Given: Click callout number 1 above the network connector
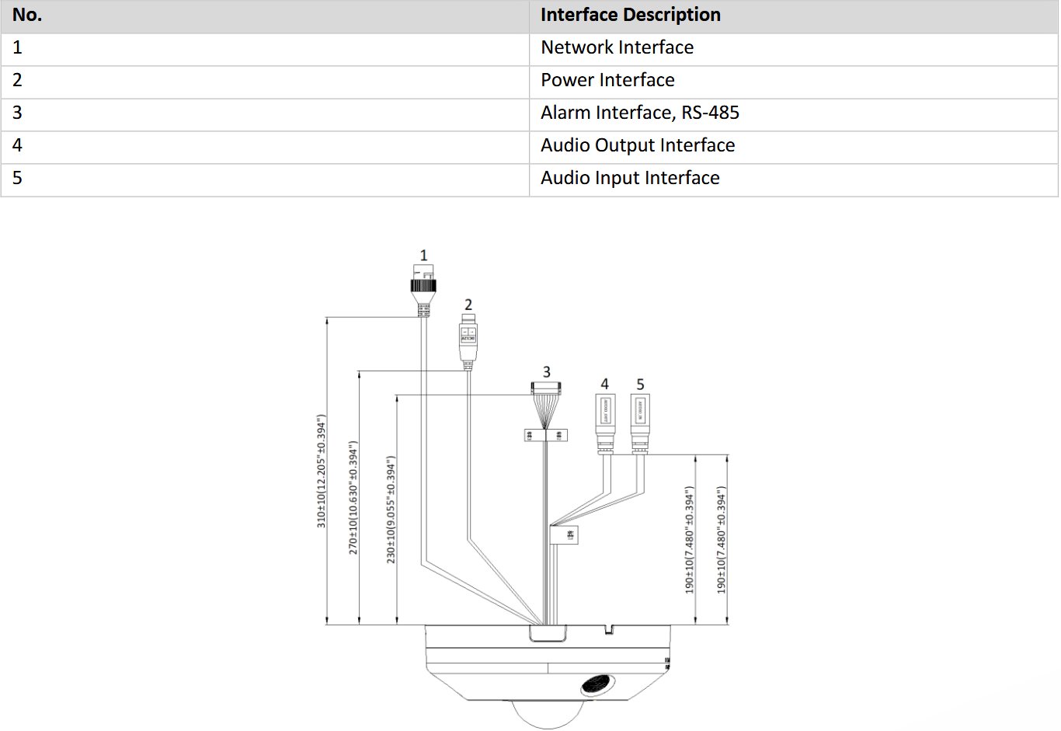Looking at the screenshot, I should [423, 255].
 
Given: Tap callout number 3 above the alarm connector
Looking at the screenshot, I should [546, 372].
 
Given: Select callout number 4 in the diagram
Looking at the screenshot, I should [604, 384].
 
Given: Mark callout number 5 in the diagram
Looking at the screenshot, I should [640, 384].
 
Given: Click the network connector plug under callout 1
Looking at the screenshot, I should [423, 286].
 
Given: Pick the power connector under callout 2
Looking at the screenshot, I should [468, 338].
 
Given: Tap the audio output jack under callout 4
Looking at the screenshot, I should [604, 419].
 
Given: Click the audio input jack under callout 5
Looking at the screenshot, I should [640, 419].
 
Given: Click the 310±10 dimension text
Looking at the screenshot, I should [322, 472].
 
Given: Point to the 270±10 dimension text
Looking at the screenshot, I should [353, 497].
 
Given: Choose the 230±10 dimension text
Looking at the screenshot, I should [391, 510].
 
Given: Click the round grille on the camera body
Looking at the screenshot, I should [597, 685].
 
